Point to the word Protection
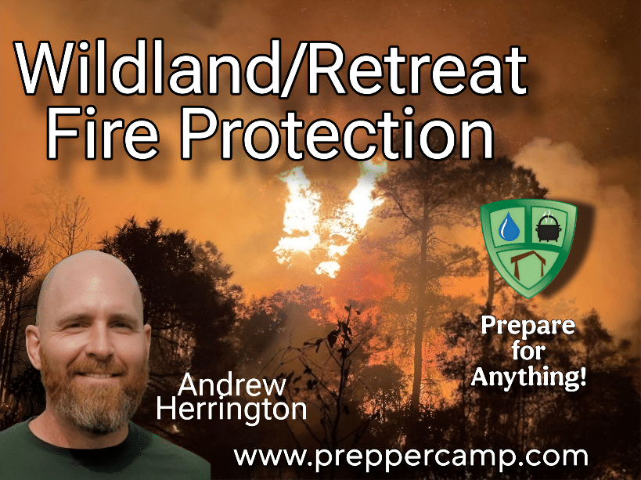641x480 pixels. (338, 134)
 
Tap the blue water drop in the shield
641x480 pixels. (509, 226)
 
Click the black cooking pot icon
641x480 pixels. (549, 227)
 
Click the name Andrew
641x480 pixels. (232, 385)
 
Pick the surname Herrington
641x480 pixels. (232, 409)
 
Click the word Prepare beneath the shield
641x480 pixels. (528, 327)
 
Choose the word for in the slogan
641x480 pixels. (528, 351)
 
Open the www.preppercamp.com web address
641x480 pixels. (410, 457)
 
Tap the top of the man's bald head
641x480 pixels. (91, 255)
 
